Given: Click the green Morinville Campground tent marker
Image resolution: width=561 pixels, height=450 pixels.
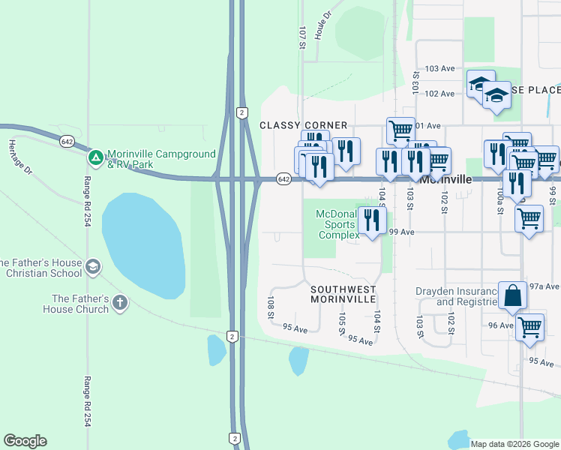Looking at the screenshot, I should (x=95, y=158).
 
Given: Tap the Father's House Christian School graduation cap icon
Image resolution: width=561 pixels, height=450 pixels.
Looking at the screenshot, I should (x=93, y=266).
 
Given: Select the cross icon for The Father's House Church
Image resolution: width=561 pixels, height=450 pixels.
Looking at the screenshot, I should (x=119, y=302).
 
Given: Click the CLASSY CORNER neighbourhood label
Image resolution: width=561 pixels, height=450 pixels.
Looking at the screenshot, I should (x=304, y=125).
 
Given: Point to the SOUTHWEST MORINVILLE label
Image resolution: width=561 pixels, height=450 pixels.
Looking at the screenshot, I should (x=343, y=293).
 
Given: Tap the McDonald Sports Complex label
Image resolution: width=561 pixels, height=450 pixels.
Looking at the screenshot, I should (x=335, y=224).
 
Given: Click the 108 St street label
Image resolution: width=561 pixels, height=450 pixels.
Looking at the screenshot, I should (x=270, y=306).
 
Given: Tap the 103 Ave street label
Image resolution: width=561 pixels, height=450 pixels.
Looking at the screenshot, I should (x=439, y=68).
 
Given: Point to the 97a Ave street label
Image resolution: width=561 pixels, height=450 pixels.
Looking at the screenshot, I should (x=544, y=286).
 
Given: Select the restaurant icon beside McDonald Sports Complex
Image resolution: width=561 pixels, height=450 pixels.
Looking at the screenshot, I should (x=371, y=219).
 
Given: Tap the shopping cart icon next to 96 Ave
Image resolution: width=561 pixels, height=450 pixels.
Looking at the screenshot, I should (x=530, y=327).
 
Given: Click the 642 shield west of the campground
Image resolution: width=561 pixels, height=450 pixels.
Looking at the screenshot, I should (x=67, y=141).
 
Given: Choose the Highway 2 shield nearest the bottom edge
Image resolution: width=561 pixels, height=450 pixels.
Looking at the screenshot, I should (x=234, y=437).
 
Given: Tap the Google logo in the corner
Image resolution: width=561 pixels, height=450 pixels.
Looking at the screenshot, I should (x=25, y=441).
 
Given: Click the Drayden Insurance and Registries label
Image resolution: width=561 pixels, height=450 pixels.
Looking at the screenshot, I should (x=457, y=296).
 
